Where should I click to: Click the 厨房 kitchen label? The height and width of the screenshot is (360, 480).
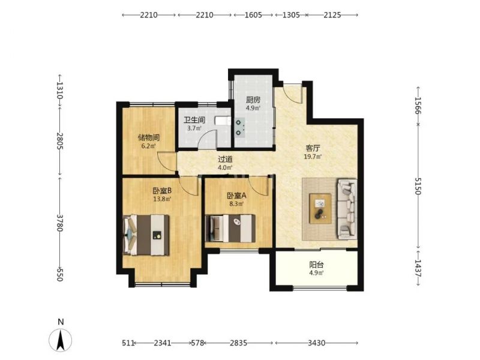[x=253, y=100]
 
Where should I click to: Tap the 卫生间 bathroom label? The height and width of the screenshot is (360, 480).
[x=194, y=120]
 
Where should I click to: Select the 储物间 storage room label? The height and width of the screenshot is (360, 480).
[x=148, y=137]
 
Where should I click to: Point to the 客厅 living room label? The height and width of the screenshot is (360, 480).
[x=313, y=148]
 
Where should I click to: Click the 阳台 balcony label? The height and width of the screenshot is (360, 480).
[x=316, y=265]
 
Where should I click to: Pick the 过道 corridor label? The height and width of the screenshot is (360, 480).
[x=225, y=159]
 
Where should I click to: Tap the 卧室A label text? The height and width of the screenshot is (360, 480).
[x=236, y=196]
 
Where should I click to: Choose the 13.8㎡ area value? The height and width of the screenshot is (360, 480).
[x=162, y=199]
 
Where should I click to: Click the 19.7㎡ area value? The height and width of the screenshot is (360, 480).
[x=313, y=157]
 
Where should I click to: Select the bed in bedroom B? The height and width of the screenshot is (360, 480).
[x=146, y=235]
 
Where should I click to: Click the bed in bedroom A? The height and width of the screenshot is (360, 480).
[x=230, y=229]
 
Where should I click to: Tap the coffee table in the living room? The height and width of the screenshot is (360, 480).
[x=320, y=208]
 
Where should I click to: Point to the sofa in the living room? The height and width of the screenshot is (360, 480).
[x=347, y=209]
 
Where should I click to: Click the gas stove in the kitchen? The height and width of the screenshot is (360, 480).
[x=239, y=127]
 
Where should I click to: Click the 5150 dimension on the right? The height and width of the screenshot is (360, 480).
[x=418, y=186]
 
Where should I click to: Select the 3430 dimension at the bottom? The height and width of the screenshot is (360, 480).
[x=316, y=343]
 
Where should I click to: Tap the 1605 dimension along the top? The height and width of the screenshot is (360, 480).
[x=253, y=14]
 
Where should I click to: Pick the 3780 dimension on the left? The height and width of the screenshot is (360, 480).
[x=60, y=223]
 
